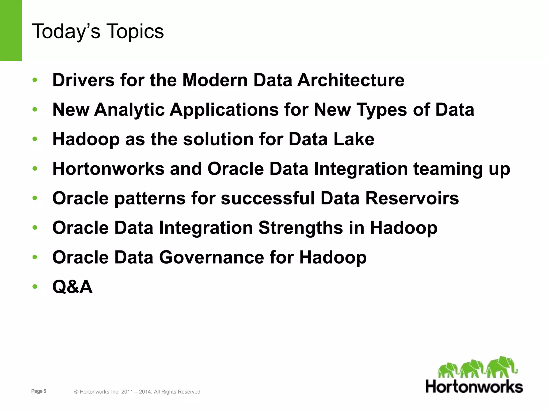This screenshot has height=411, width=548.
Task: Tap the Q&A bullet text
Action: pos(73,287)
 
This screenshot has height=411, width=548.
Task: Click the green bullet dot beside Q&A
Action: pos(35,287)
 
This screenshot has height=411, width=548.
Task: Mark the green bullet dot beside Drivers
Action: pos(35,80)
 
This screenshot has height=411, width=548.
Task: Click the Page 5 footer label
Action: pos(39,391)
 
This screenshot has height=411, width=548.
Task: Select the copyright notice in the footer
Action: pos(137,392)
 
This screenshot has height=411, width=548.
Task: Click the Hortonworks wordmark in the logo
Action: pos(474,387)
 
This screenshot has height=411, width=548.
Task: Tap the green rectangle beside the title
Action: pos(11,30)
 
